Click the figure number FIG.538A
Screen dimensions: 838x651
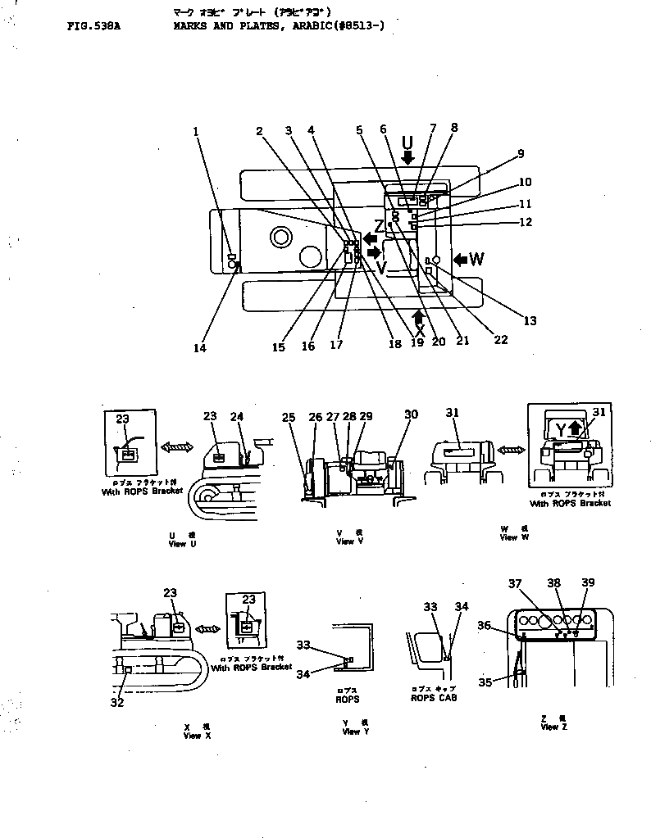(93, 26)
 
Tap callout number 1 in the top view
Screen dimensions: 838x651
(196, 130)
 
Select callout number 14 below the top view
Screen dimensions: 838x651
(201, 347)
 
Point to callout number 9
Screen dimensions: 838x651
(519, 153)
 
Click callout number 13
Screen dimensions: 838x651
(530, 321)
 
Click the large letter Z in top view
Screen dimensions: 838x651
(378, 225)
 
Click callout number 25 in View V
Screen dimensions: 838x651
(289, 418)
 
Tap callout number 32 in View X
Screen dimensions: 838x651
(117, 702)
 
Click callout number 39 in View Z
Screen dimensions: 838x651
(587, 582)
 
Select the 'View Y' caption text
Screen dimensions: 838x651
(352, 732)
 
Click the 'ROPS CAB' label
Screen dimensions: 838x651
(434, 698)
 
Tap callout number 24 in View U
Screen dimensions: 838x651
(237, 416)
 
